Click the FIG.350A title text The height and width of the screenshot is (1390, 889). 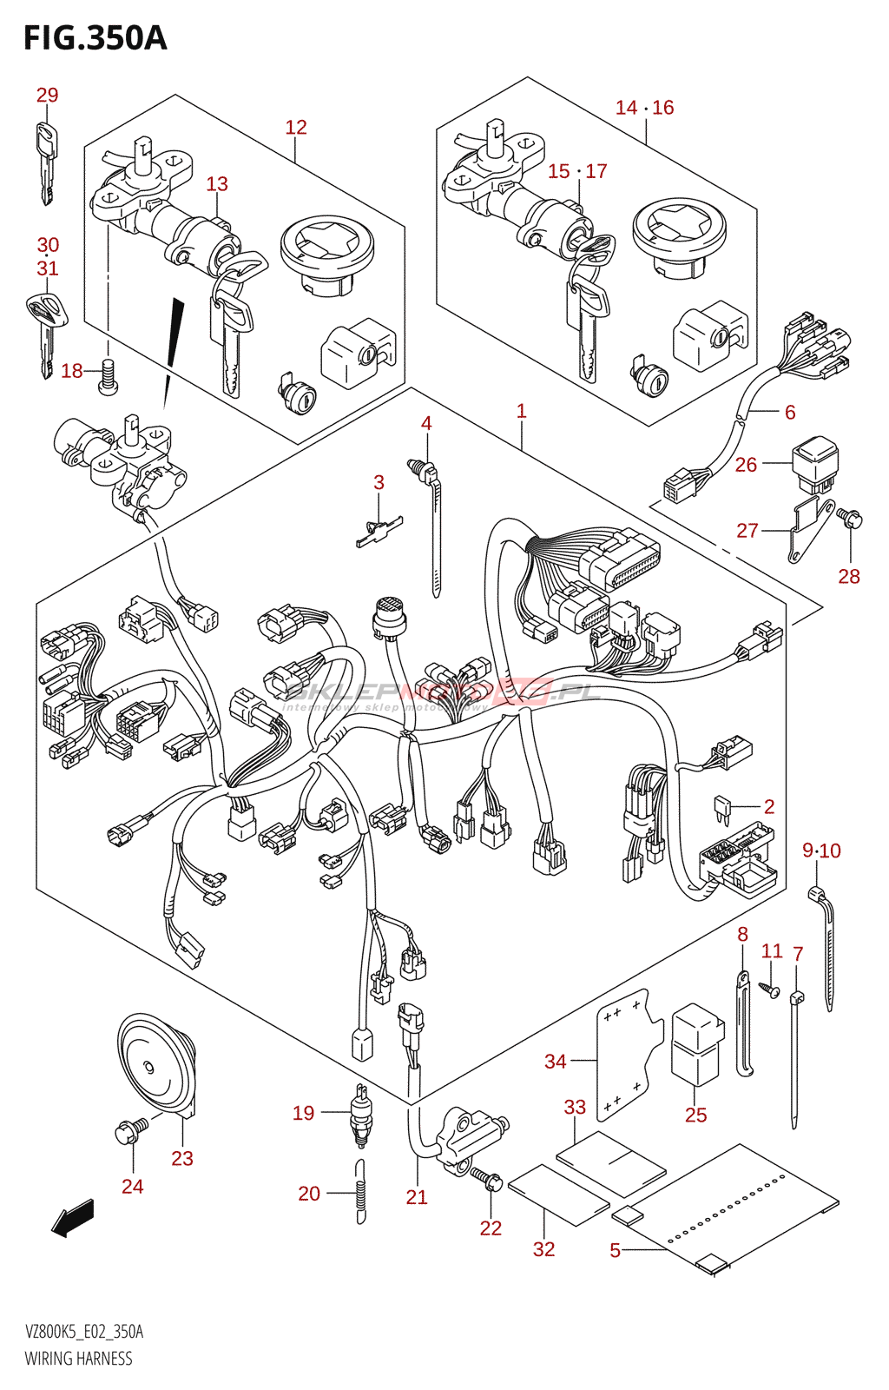[x=95, y=38]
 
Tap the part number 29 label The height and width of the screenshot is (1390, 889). [x=47, y=95]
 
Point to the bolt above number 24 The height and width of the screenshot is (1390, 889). [x=130, y=1129]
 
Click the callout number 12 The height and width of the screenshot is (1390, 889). [x=296, y=127]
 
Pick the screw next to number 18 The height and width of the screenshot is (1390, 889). [x=108, y=377]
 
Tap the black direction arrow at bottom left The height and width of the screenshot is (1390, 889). [x=72, y=1216]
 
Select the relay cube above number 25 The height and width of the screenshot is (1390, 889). [x=696, y=1042]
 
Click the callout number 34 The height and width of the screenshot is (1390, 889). [x=555, y=1061]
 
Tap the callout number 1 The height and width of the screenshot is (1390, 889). [x=521, y=411]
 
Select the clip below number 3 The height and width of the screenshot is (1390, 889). [x=379, y=531]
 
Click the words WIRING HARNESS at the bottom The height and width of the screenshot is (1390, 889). [x=78, y=1359]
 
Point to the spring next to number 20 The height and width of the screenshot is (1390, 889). [x=360, y=1192]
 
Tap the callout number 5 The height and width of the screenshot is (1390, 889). [x=615, y=1250]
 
